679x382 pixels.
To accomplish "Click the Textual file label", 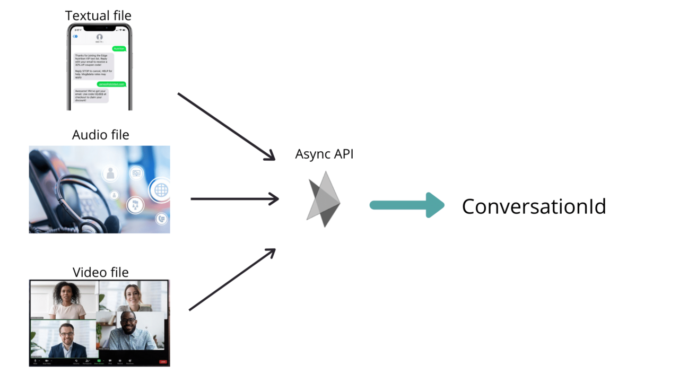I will (x=98, y=15).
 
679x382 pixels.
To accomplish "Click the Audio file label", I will (x=100, y=135).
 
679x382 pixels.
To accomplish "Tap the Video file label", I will (x=100, y=272).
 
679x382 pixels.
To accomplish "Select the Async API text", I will (x=324, y=154).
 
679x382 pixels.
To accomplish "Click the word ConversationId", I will (x=534, y=206).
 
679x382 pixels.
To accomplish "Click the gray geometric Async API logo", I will (x=324, y=199).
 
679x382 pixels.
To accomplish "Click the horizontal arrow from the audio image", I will (x=234, y=199).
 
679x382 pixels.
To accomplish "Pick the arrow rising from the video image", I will (x=232, y=280).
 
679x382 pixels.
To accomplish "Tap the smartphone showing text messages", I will (x=99, y=67).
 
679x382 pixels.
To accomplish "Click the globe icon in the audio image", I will (x=161, y=189).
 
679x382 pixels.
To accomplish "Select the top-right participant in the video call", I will (x=133, y=298).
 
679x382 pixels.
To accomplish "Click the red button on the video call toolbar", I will (x=163, y=362).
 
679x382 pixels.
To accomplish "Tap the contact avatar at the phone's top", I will (x=99, y=37).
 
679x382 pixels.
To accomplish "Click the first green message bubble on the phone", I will (x=119, y=48).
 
